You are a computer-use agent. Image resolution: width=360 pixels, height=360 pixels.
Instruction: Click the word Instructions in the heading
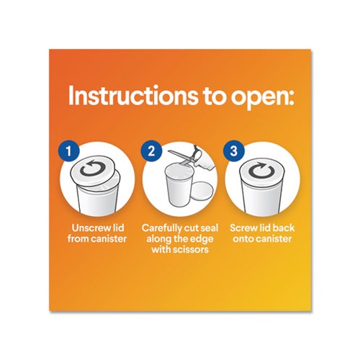tap(132, 96)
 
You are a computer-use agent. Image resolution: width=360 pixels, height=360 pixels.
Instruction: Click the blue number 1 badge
tap(68, 151)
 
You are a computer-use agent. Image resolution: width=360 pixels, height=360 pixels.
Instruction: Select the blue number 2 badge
tap(151, 151)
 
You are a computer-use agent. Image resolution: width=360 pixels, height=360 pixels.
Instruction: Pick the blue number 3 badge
tap(234, 151)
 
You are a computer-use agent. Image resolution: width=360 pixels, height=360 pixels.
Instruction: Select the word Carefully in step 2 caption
tap(161, 229)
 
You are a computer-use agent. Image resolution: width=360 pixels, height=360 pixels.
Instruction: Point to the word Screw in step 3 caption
tap(243, 228)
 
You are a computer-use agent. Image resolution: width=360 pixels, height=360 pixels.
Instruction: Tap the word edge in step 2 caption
tap(202, 240)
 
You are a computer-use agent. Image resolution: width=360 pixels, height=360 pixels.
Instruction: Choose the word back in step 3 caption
tap(284, 228)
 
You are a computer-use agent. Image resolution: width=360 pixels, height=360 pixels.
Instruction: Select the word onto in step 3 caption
tap(244, 240)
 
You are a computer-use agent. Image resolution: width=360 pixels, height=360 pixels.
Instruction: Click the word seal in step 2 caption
tap(210, 228)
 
